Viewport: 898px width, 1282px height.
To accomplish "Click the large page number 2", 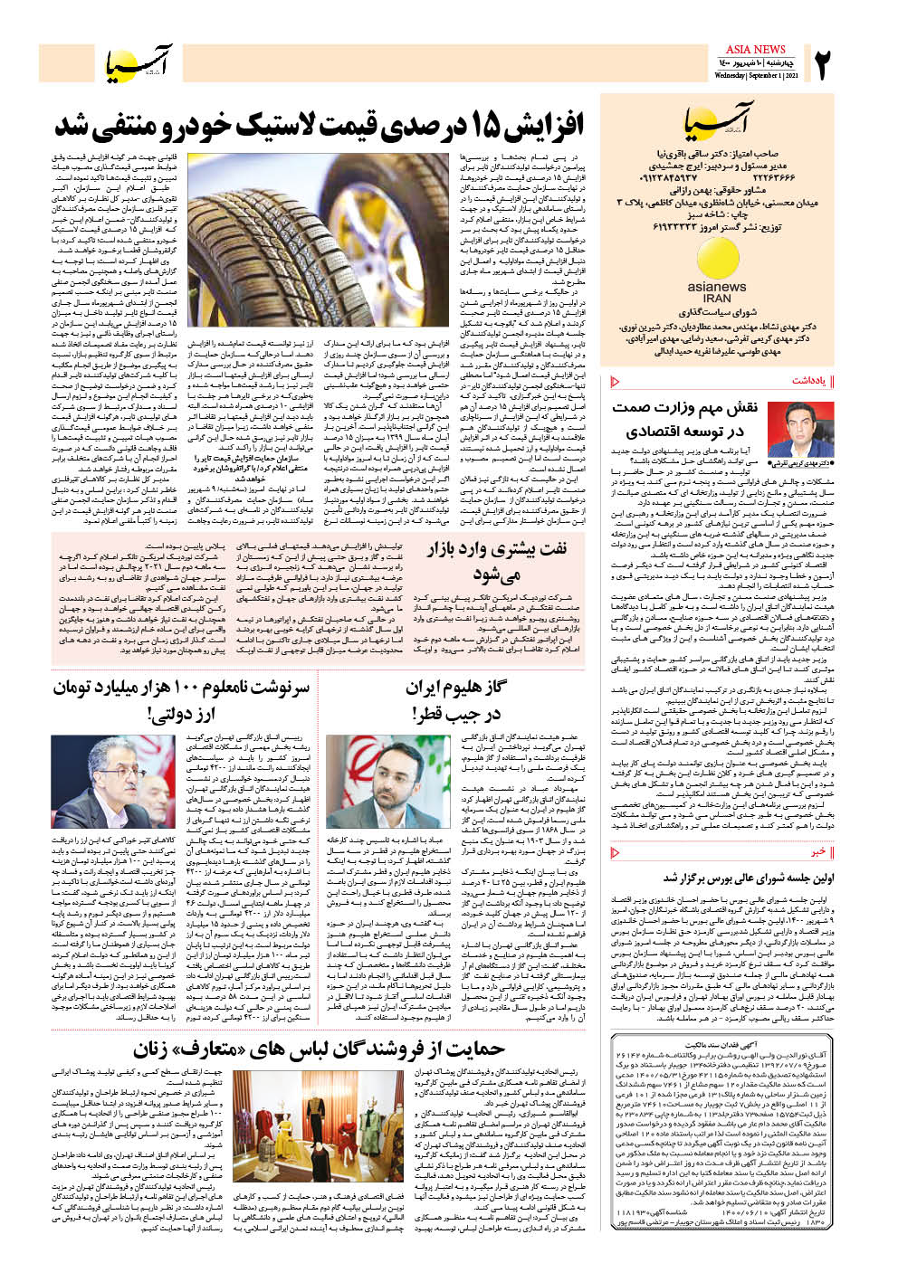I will (825, 65).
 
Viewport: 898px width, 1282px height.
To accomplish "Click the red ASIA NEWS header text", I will (756, 49).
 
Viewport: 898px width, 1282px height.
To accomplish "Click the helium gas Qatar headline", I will (456, 700).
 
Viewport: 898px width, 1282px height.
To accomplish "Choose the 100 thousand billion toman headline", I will (181, 700).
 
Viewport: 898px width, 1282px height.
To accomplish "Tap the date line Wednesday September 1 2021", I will (756, 76).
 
